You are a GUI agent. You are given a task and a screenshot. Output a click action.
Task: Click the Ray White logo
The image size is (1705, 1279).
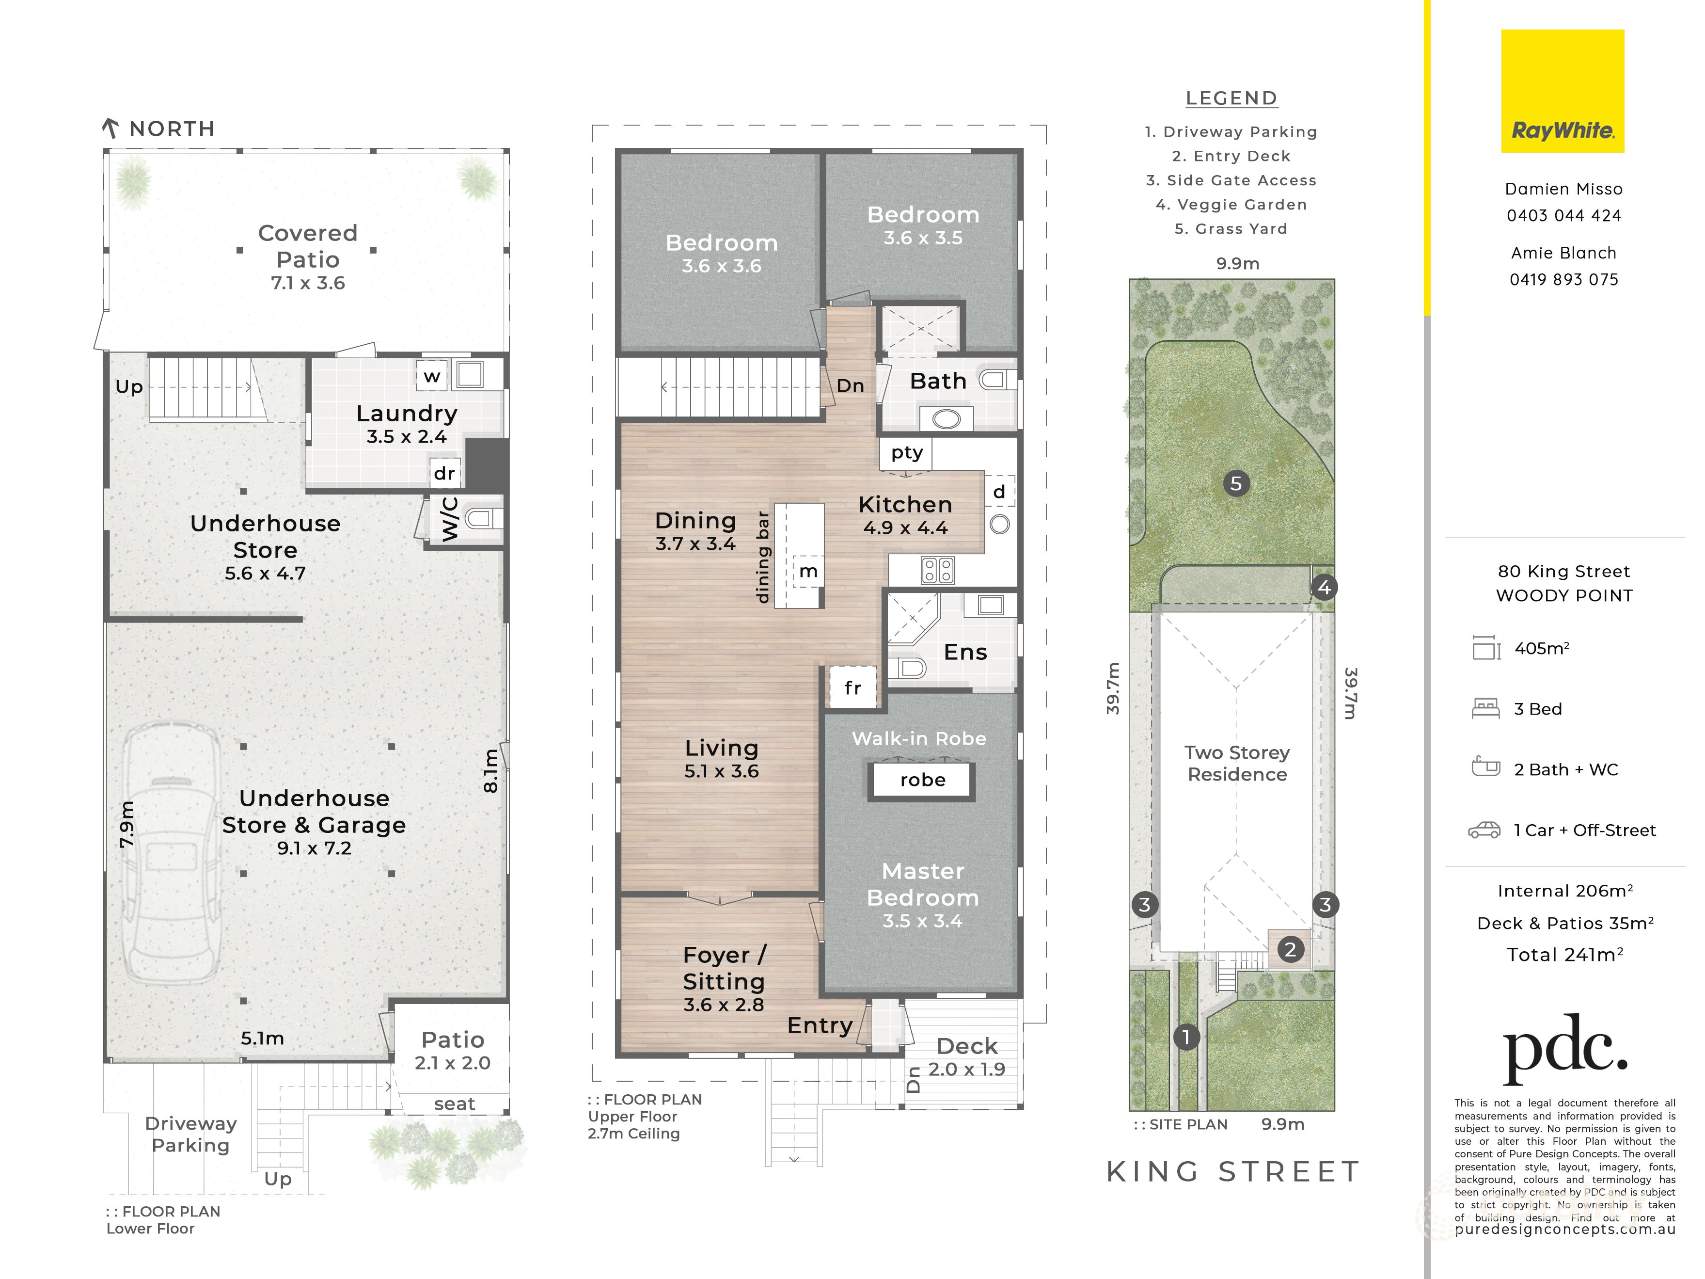(x=1563, y=91)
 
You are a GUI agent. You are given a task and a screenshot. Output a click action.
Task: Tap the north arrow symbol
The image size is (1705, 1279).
(x=110, y=128)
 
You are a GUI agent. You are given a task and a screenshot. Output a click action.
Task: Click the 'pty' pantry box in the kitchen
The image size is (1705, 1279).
(x=906, y=453)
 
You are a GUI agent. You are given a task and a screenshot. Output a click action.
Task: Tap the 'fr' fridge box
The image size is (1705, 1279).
(x=852, y=687)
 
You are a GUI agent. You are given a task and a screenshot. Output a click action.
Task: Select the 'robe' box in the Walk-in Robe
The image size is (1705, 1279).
(x=922, y=780)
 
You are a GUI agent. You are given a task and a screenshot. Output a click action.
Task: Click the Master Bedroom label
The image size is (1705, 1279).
(x=923, y=884)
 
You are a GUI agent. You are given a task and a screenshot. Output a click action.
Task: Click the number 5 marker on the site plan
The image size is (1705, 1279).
(x=1236, y=483)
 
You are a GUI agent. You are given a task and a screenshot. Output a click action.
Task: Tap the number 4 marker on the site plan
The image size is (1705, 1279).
(x=1324, y=588)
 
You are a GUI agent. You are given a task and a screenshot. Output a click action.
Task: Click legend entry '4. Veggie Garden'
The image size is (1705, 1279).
(x=1231, y=204)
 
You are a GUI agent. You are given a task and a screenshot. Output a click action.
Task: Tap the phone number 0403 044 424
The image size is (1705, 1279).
(x=1564, y=216)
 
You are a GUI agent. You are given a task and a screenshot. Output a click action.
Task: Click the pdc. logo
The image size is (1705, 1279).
(x=1565, y=1049)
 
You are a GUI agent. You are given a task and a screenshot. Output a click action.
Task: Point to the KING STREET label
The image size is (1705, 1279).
(x=1233, y=1172)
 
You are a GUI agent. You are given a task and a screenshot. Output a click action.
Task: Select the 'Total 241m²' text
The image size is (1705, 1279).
(x=1565, y=955)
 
